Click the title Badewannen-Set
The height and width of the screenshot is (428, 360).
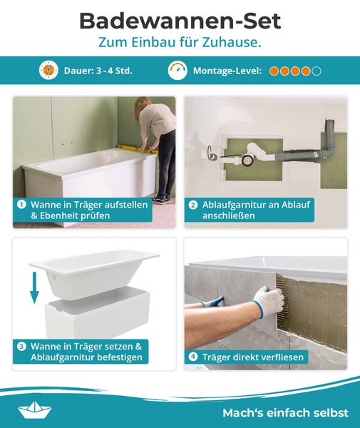tap(180, 20)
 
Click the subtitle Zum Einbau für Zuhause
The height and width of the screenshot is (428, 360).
tap(180, 43)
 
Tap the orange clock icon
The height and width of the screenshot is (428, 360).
tap(48, 71)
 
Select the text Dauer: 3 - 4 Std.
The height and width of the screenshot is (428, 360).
tap(97, 71)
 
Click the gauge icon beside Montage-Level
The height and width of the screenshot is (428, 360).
tap(178, 71)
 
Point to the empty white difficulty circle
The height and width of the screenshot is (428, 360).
tap(317, 71)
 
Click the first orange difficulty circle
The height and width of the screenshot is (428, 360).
tap(274, 71)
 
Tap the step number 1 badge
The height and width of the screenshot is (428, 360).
tap(22, 205)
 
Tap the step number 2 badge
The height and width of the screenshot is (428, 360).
tap(193, 205)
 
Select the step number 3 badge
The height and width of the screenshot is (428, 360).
tap(22, 347)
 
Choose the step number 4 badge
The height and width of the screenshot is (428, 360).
tap(193, 357)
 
